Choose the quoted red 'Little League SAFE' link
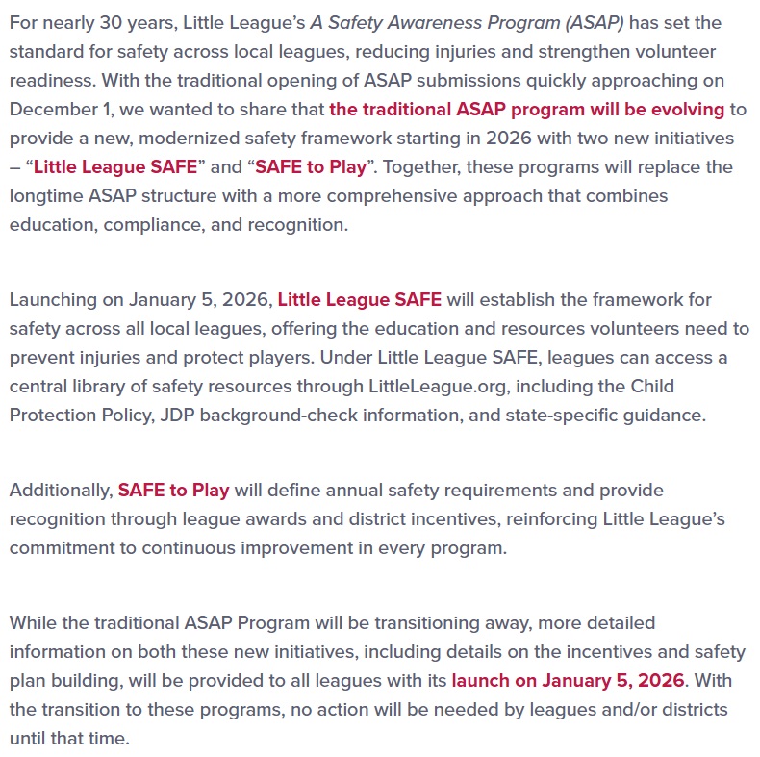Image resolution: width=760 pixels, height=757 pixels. [x=114, y=166]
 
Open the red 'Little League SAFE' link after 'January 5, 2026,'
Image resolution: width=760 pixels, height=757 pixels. [x=359, y=299]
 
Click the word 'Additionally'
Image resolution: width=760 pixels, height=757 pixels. [x=60, y=490]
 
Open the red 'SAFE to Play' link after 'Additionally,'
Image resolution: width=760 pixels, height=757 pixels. [x=173, y=490]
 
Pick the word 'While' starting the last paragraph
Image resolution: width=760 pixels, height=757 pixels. [x=34, y=622]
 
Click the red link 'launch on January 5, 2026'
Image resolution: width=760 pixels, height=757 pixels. [x=568, y=680]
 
